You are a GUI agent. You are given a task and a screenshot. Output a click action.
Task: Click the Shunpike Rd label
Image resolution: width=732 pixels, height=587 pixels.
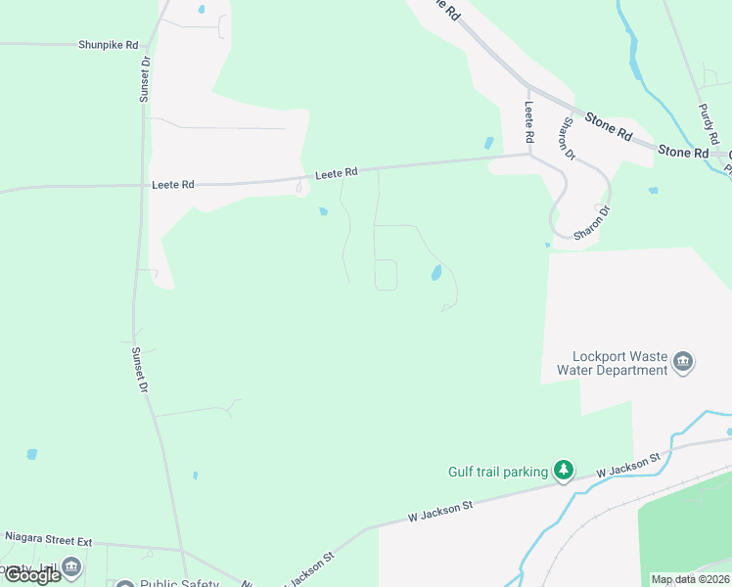click(x=110, y=44)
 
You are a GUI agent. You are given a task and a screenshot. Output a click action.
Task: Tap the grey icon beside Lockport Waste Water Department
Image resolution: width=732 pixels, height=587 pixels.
click(x=683, y=364)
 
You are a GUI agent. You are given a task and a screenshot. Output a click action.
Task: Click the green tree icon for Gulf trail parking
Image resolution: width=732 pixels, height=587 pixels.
click(x=563, y=472)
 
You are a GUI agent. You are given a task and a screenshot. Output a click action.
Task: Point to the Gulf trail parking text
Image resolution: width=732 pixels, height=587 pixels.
click(x=498, y=472)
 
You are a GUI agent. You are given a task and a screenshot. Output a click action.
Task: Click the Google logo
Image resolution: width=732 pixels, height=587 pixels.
click(x=31, y=575)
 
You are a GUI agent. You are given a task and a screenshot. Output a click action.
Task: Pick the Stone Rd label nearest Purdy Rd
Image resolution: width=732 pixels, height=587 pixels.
click(x=682, y=152)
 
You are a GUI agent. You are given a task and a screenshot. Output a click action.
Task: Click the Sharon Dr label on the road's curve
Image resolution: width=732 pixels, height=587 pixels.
click(x=592, y=223)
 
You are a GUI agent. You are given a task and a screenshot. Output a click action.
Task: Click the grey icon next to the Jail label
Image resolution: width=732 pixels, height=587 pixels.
click(x=70, y=567)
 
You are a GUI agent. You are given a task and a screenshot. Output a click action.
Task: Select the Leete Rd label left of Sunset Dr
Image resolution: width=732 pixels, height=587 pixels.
click(x=173, y=184)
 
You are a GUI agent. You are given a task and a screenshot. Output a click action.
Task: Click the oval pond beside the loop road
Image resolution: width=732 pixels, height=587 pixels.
click(x=435, y=273)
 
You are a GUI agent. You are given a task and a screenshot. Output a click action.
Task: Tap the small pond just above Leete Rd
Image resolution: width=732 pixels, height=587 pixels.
click(x=488, y=143)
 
